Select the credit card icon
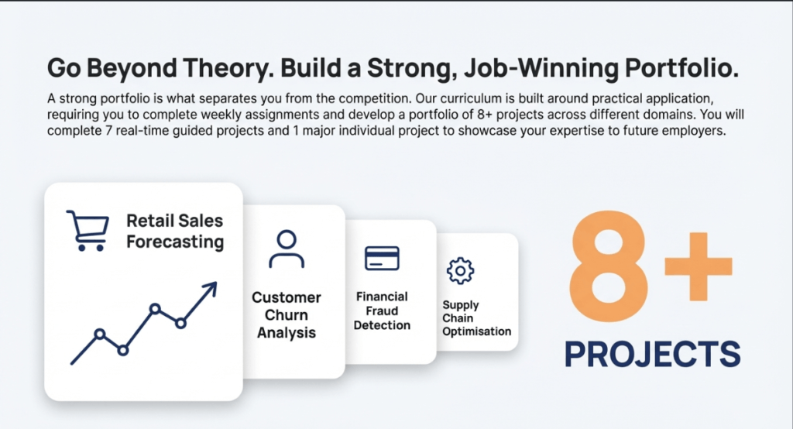tap(382, 258)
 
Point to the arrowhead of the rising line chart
tap(211, 288)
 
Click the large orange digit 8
tap(609, 266)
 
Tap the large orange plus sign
tap(699, 266)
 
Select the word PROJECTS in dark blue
tap(652, 354)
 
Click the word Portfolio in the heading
tap(681, 68)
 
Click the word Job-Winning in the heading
tap(541, 68)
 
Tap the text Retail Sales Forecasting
tap(175, 232)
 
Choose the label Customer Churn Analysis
tap(287, 314)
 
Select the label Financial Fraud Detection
tap(382, 311)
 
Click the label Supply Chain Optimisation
tap(476, 318)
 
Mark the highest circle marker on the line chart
tap(156, 309)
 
